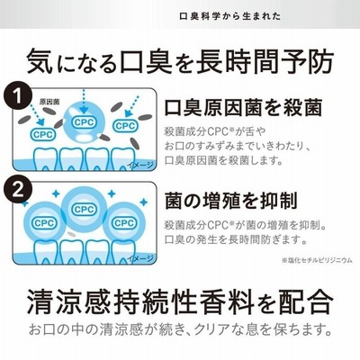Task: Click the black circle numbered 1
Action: [18, 96]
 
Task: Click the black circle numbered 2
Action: [18, 190]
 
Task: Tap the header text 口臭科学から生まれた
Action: [230, 16]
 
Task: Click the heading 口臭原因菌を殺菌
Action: [243, 107]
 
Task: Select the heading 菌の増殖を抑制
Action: [231, 201]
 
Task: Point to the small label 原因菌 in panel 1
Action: [49, 102]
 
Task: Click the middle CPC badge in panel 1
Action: [85, 122]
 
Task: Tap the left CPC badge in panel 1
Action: [43, 134]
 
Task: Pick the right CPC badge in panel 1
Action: [125, 126]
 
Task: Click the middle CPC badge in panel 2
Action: [85, 210]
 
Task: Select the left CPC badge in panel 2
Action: [44, 223]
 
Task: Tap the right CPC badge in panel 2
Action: [124, 223]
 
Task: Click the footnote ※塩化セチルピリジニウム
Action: [317, 260]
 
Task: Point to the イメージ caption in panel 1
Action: [140, 165]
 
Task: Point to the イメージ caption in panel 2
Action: [140, 258]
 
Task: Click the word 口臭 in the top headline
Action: [146, 62]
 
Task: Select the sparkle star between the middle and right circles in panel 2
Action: [112, 193]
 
